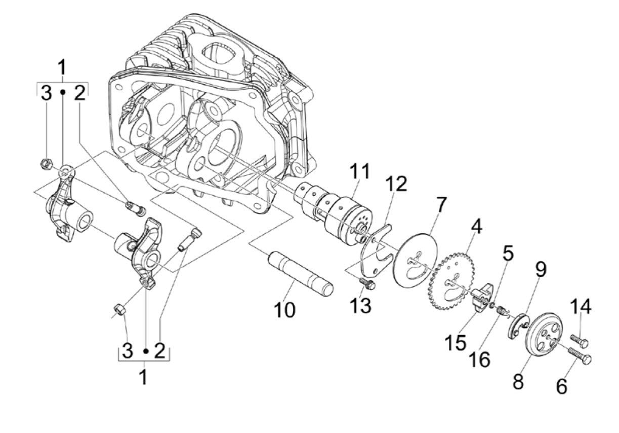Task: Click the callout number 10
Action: pyautogui.click(x=508, y=253)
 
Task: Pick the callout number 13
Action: pyautogui.click(x=561, y=386)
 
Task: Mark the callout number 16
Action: pyautogui.click(x=479, y=359)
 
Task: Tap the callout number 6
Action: pyautogui.click(x=541, y=270)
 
